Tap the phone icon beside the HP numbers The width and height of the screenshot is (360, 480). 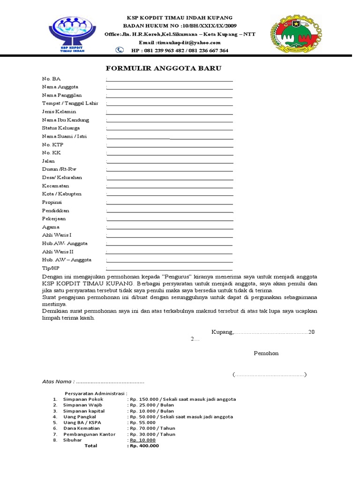(120, 50)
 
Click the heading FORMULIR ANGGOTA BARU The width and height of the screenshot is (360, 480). (163, 68)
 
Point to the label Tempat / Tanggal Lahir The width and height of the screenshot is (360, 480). (70, 103)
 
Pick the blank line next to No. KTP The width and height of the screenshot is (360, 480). (170, 147)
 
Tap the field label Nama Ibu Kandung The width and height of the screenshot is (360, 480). (65, 120)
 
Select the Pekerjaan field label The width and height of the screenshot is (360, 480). (54, 219)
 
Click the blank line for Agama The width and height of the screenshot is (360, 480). (170, 229)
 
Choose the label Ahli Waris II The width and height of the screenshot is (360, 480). (58, 252)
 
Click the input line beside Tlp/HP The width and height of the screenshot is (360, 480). (170, 270)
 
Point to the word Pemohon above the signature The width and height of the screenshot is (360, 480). (266, 353)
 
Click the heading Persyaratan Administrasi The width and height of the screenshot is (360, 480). (96, 393)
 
